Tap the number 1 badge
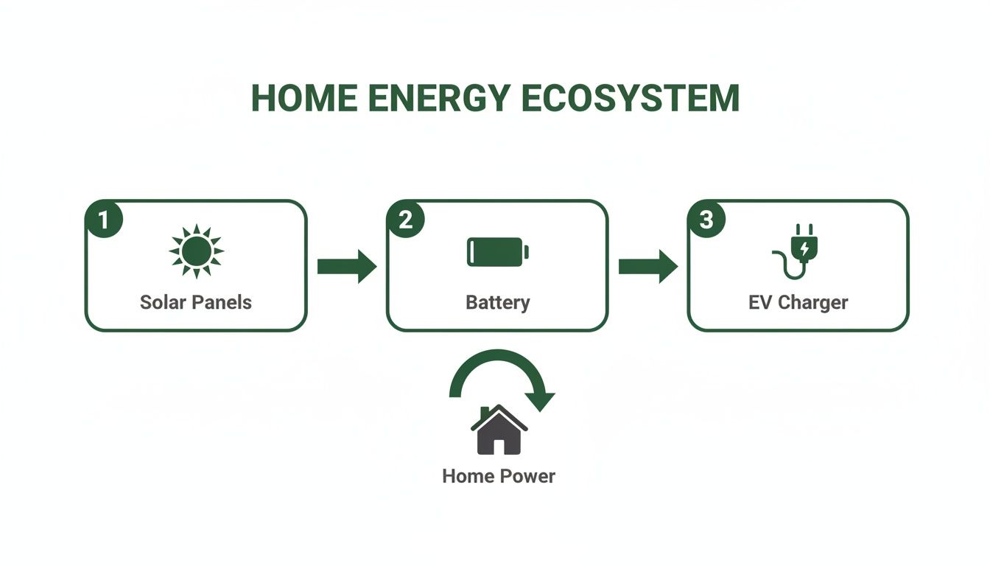coord(105,220)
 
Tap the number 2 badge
coord(406,220)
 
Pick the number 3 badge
coord(706,220)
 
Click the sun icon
coord(196,252)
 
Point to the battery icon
coord(498,252)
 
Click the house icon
coord(499,430)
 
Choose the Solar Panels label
coord(196,302)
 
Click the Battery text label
coord(498,302)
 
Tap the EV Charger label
coord(798,302)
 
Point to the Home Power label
coord(499,476)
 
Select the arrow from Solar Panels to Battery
coord(347,266)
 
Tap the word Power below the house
coord(528,476)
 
